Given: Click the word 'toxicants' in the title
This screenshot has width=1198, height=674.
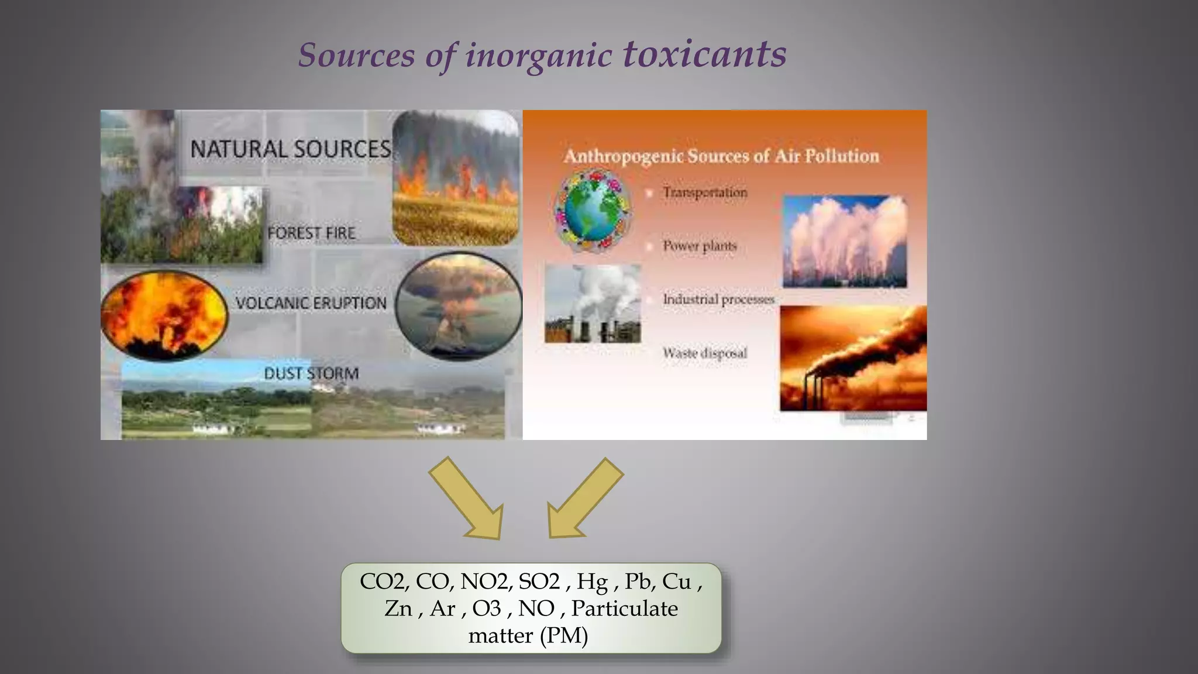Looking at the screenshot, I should pos(704,54).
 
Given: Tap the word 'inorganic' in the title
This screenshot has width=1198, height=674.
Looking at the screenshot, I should pos(538,56).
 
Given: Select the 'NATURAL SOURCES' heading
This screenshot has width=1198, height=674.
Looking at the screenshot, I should pos(290,149).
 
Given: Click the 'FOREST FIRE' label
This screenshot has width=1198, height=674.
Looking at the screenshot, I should pos(311,233).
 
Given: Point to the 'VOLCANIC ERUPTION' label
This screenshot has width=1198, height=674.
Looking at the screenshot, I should pos(311,303).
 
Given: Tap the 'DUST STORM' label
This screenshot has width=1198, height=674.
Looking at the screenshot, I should pos(311,373).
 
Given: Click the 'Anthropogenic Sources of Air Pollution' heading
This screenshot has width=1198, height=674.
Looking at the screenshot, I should pos(721,156).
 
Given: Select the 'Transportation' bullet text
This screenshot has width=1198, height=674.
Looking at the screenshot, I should pos(705,192).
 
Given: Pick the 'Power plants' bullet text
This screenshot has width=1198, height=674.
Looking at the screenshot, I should pos(700,246).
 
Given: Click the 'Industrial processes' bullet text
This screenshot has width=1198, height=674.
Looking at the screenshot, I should pos(718,300).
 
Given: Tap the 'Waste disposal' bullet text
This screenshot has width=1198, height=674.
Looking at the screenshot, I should pos(705,353).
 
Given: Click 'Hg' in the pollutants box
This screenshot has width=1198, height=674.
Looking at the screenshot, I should pos(592,581).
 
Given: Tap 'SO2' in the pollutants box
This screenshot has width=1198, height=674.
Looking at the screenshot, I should pos(539,581).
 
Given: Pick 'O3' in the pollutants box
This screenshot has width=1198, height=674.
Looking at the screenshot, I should pos(487,608).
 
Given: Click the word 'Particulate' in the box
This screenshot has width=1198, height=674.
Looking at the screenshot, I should pos(625,608).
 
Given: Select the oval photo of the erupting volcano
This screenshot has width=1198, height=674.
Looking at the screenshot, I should pos(458,305).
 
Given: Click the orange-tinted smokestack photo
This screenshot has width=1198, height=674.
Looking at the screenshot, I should pos(853,358).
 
